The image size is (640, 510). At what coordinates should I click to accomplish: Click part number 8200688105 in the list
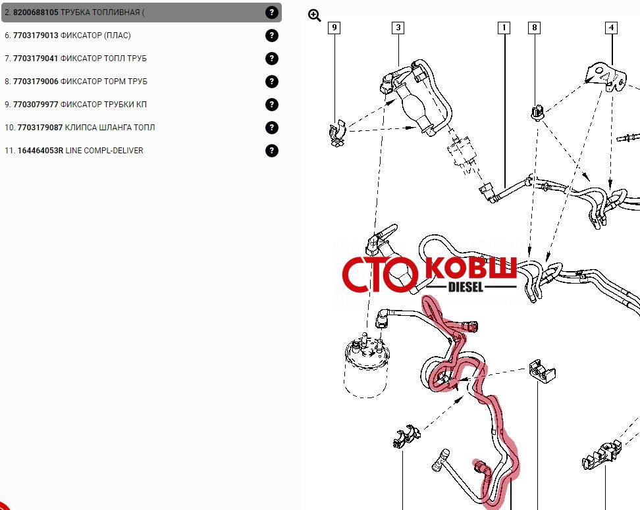coord(36,13)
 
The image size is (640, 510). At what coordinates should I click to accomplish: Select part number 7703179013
coord(36,36)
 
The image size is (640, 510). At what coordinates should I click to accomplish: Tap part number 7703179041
coord(36,59)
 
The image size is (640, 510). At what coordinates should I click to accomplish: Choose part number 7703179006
coord(36,82)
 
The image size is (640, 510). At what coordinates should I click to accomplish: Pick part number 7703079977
coord(36,105)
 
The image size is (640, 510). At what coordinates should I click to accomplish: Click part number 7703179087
coord(40,128)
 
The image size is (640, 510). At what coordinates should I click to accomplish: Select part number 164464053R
coord(40,151)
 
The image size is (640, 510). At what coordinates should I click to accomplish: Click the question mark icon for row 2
coord(271,13)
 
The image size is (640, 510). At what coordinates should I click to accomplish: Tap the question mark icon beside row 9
coord(271,105)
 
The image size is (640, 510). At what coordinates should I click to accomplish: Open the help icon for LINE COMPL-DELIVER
coord(271,151)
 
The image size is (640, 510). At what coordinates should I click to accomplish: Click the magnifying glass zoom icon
coord(314,16)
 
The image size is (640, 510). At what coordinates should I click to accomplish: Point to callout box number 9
coord(334,28)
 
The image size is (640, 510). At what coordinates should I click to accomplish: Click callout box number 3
coord(398,28)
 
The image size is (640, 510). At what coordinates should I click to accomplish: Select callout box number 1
coord(504,28)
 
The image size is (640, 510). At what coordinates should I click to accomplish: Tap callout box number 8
coord(534,28)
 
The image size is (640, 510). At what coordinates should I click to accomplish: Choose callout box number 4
coord(611,28)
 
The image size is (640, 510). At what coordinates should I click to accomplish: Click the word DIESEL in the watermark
coord(466,287)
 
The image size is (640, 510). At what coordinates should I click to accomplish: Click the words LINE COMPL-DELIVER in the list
coord(105,151)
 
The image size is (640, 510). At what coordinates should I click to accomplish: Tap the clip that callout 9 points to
coord(338,133)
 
